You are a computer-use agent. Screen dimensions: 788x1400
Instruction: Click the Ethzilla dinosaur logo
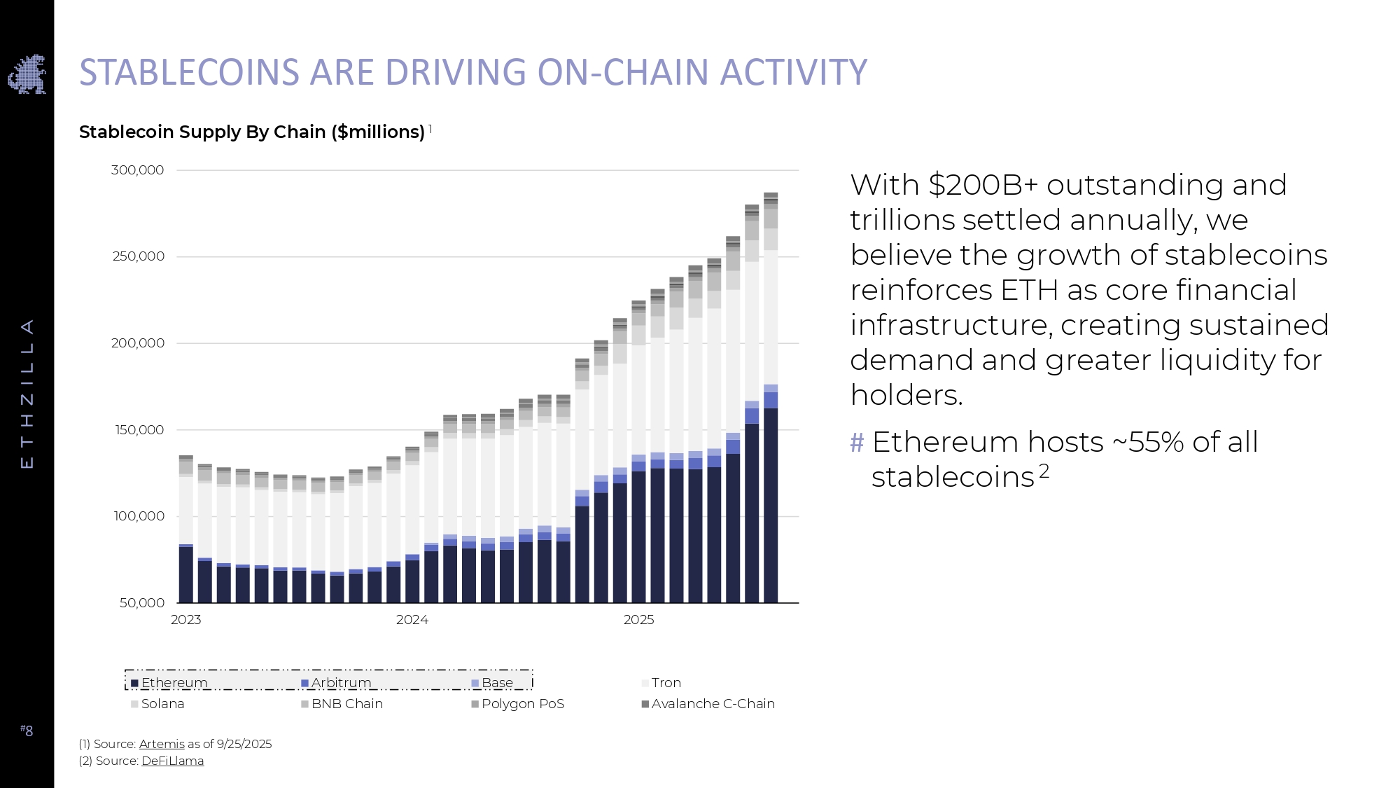27,74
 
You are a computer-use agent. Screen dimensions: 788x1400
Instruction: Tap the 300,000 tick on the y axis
137,170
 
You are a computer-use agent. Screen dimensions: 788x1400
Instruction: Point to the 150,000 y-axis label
139,430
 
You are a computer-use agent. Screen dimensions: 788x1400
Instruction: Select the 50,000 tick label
142,603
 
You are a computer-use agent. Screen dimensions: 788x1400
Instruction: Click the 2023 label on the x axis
185,620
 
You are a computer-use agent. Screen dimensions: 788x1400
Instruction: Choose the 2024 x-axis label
412,620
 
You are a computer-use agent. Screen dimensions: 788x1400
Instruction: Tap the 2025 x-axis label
638,620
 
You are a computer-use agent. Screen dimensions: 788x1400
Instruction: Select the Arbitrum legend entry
337,683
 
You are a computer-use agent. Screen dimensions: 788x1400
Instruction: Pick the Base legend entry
493,683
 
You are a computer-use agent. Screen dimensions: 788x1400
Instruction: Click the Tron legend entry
661,683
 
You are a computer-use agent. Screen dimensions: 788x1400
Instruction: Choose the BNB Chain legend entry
342,704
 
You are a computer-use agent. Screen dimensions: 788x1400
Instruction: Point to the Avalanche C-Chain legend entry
708,704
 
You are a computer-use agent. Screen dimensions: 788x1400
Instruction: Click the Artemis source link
162,744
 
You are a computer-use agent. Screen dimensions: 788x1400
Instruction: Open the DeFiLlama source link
172,761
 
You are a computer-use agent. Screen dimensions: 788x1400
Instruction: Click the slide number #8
27,731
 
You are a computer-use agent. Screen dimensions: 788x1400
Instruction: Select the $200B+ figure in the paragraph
983,185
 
